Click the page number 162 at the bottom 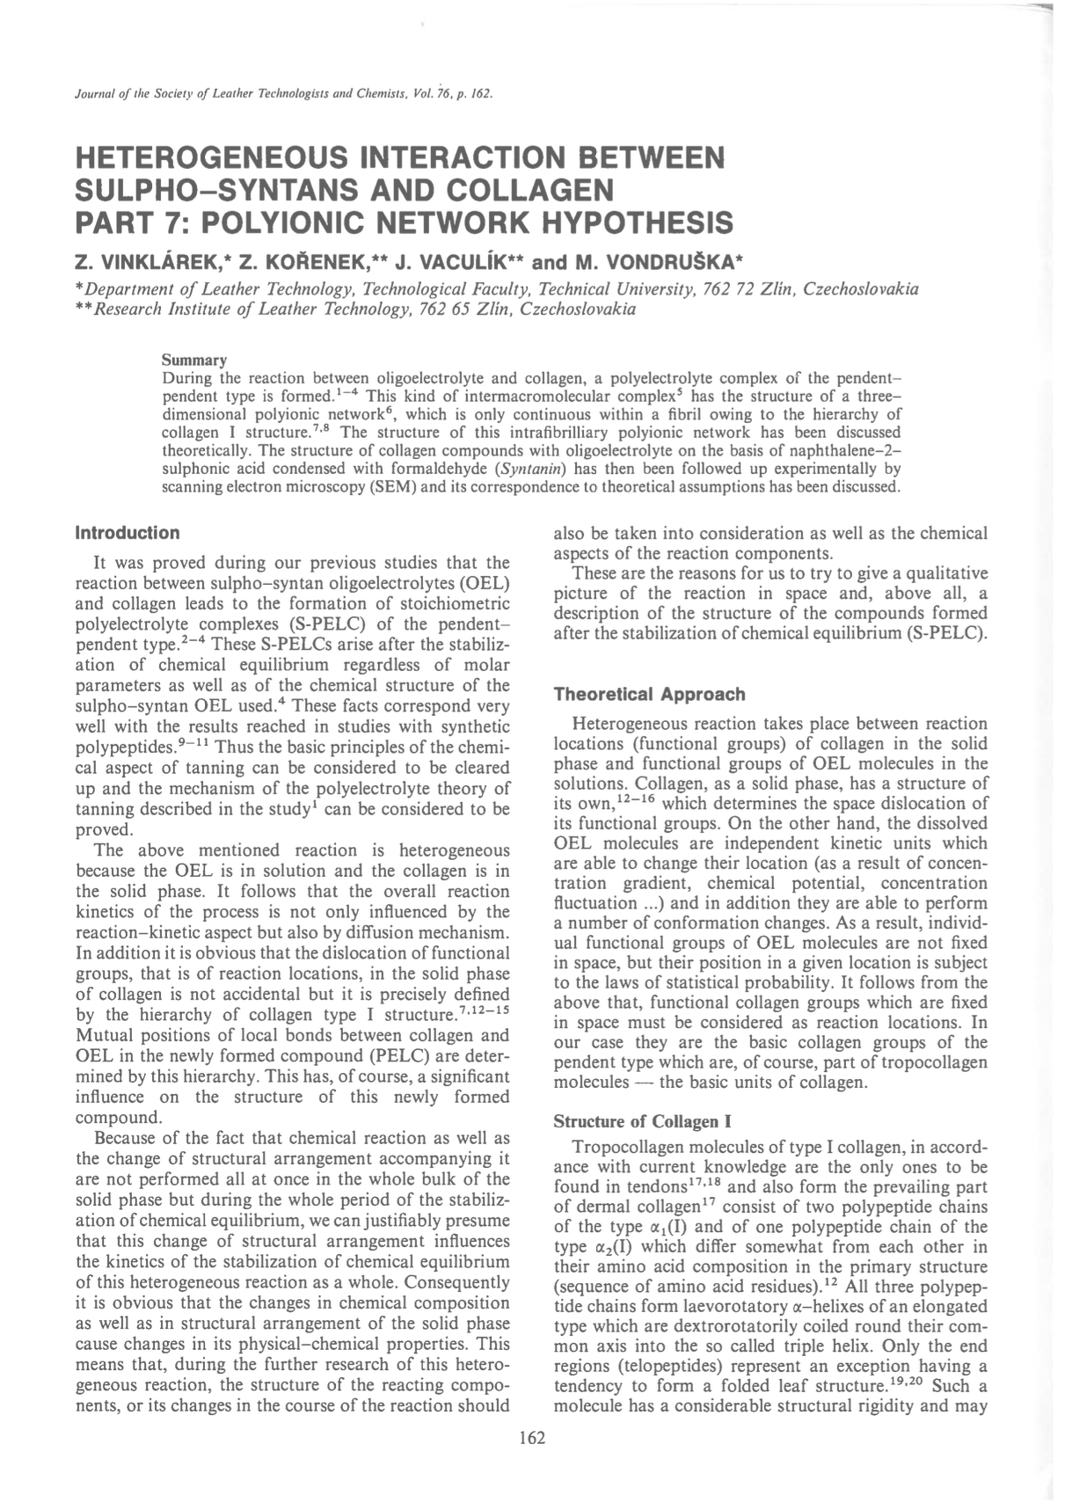click(532, 1438)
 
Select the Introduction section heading click(128, 533)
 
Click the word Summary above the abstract click(194, 361)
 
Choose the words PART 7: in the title click(127, 222)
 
